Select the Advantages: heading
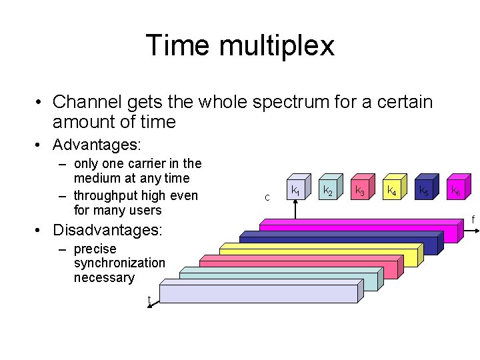tap(97, 145)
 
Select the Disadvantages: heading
tap(107, 231)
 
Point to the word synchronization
tap(119, 263)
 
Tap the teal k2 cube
tap(329, 190)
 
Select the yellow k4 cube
tap(393, 190)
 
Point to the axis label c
tap(267, 197)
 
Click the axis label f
tap(473, 219)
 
